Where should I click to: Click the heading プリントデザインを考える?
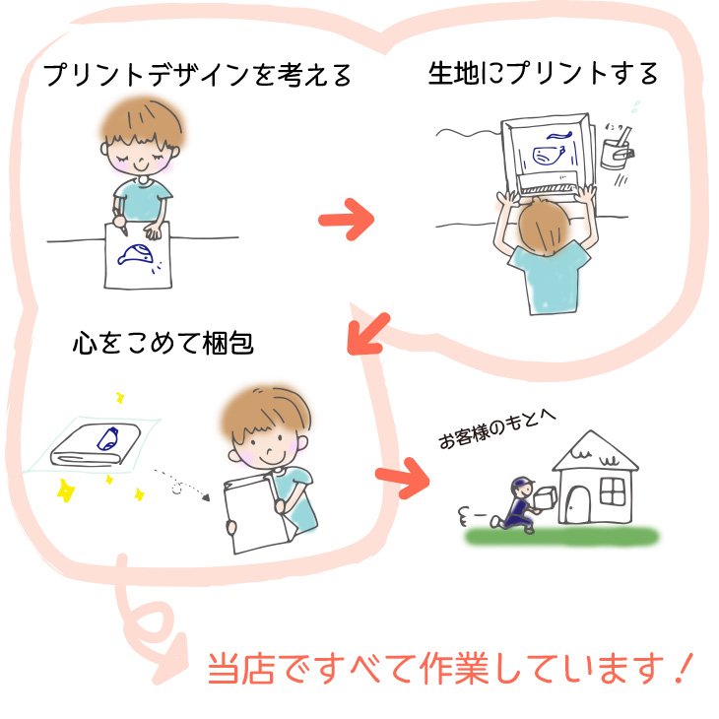[x=198, y=76]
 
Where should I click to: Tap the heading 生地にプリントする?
[x=543, y=74]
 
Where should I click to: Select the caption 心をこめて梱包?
[x=163, y=344]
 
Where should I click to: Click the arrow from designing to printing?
[x=348, y=219]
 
